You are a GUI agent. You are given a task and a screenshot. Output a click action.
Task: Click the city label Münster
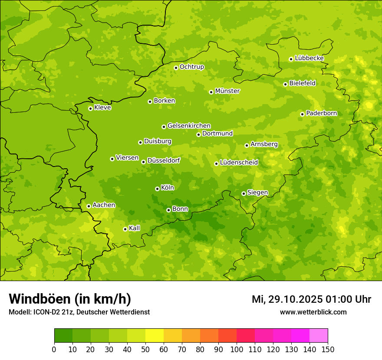coord(227,91)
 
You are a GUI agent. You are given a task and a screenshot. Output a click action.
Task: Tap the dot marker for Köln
coord(157,189)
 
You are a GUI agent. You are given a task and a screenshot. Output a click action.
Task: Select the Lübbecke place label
coord(309,58)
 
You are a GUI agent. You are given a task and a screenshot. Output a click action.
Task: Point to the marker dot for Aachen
coord(89,206)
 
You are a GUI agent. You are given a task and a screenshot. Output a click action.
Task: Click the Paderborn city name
coord(321,113)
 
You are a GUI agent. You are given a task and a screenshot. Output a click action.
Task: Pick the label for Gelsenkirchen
coord(189,126)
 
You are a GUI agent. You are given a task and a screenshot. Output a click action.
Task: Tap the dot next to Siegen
coord(244,193)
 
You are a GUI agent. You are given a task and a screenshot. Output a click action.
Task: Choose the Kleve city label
coord(102,108)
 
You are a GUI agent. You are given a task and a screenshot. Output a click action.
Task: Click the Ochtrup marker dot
coord(176,68)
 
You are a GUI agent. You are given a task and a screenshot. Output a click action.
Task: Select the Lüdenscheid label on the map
coord(239,163)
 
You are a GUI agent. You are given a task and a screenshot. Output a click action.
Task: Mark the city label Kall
coord(134,228)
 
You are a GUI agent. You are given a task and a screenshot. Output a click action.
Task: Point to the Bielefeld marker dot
coord(285,84)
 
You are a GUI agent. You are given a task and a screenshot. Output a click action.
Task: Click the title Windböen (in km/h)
coord(70,299)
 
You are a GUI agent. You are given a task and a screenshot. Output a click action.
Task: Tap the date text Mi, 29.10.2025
coord(286,299)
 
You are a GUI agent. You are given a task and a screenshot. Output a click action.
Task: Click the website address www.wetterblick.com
coord(313,312)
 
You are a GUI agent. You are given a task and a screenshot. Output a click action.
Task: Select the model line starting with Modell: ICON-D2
coord(79,312)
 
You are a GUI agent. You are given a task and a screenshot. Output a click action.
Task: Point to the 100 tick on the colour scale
coord(237,349)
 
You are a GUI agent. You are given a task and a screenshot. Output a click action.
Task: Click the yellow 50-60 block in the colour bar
coord(155,336)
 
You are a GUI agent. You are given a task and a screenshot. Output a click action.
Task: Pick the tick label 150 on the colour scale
coord(328,349)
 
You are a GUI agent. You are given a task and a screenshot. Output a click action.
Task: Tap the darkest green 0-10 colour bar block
coord(63,336)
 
